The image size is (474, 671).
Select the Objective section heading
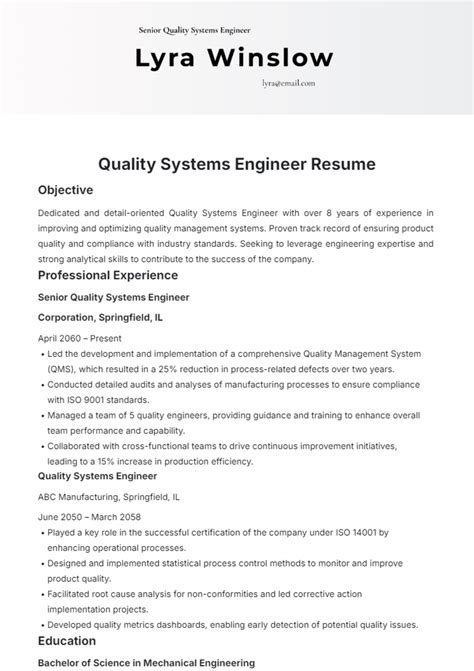[65, 190]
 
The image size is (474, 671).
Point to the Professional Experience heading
[108, 275]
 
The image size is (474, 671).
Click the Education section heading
[67, 640]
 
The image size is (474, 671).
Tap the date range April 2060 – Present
[84, 339]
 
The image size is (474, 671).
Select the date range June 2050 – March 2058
[89, 517]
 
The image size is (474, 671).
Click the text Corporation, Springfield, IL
[101, 318]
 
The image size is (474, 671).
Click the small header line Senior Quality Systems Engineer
[195, 30]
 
